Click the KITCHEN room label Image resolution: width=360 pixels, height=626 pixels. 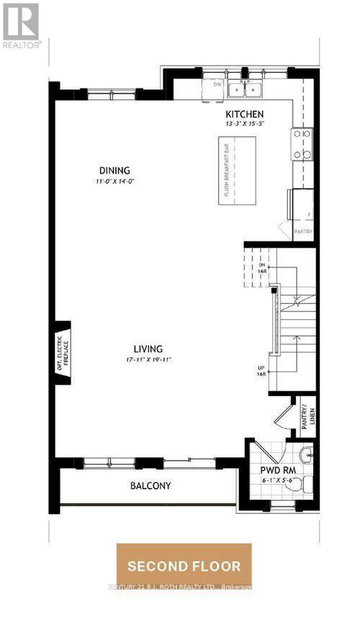244,114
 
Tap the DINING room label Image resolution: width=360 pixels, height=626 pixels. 116,171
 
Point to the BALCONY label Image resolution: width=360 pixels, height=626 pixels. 150,486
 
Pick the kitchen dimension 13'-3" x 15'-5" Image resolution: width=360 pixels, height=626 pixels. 244,124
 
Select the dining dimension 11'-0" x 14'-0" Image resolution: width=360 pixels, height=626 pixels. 116,181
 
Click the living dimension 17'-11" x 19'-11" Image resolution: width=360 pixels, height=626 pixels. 147,359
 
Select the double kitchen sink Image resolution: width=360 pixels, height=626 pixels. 246,89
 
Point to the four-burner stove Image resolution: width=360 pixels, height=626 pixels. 302,144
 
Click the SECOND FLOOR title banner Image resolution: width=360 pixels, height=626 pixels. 184,565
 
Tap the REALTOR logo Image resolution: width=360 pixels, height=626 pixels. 22,25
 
